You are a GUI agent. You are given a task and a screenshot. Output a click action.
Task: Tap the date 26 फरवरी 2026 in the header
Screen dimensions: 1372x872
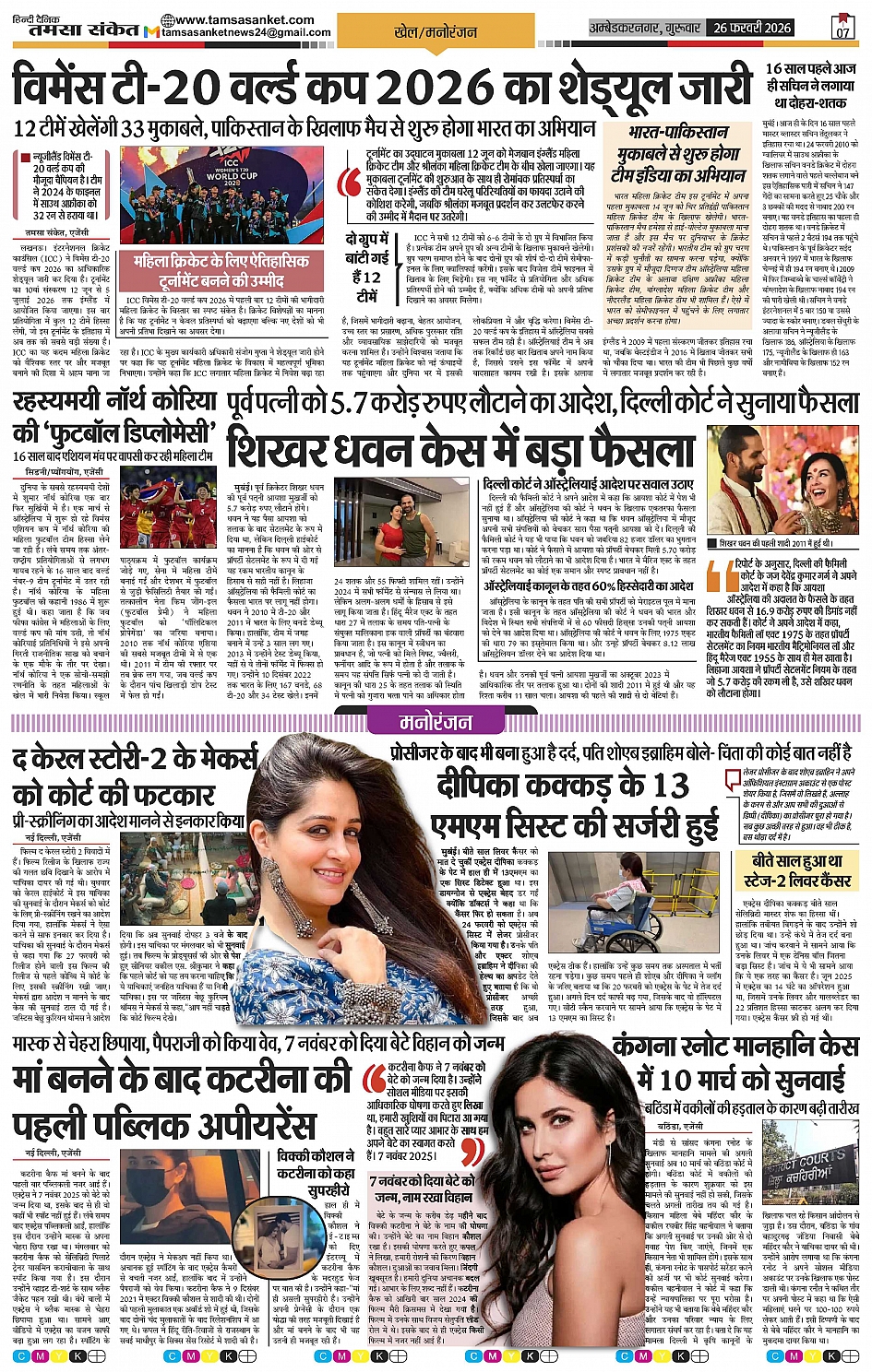click(x=752, y=28)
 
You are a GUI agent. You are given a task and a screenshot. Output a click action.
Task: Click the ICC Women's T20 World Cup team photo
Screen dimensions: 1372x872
click(x=190, y=195)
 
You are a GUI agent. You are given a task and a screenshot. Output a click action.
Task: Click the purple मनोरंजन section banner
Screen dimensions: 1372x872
click(x=436, y=723)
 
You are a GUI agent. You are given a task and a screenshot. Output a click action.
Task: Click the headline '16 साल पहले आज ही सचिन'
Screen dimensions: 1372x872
click(x=810, y=85)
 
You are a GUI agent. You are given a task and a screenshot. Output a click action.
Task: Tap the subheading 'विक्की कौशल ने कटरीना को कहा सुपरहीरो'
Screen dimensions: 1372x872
click(x=316, y=1173)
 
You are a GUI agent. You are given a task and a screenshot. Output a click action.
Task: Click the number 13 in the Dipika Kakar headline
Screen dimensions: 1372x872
click(x=671, y=786)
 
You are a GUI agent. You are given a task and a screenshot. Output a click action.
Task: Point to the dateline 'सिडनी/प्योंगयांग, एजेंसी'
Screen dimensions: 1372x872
click(x=65, y=472)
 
